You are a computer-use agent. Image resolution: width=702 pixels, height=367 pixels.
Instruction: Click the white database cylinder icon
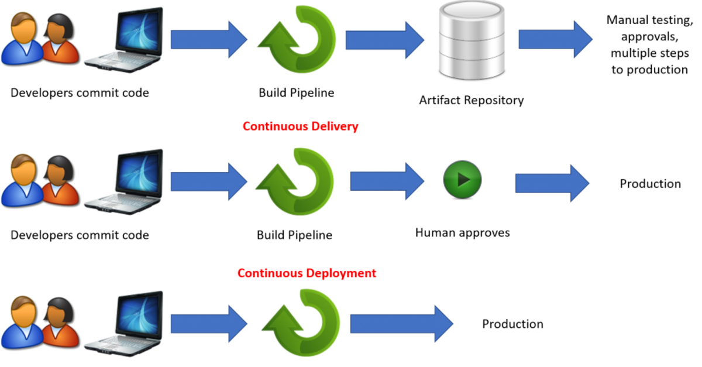click(x=472, y=39)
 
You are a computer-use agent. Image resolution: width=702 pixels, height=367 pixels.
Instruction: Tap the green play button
click(x=462, y=179)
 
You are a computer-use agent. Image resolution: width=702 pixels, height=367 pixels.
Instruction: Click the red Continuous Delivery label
click(x=300, y=126)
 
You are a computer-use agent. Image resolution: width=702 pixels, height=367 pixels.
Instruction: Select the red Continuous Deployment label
click(x=307, y=273)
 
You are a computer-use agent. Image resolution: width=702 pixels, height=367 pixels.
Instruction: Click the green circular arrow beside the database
click(x=297, y=39)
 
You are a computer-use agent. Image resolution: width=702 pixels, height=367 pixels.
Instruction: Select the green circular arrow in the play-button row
click(x=296, y=181)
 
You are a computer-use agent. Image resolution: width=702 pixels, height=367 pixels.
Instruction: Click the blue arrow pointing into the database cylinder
click(x=384, y=40)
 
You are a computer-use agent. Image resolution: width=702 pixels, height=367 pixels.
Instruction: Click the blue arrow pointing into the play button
click(x=387, y=181)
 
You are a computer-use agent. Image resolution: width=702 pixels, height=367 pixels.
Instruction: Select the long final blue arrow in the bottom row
click(x=401, y=323)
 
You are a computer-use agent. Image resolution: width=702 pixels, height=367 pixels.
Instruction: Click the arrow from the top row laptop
click(x=209, y=39)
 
